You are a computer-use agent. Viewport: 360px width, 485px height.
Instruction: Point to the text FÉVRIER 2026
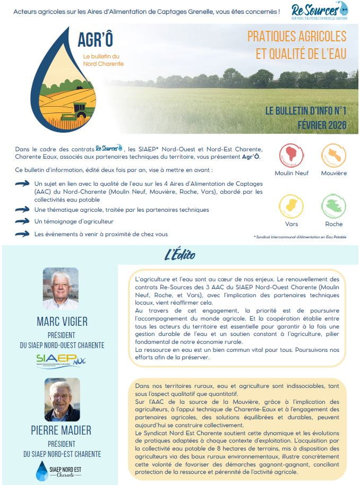[322, 125]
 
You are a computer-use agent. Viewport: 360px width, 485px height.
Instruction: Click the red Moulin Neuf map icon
[292, 155]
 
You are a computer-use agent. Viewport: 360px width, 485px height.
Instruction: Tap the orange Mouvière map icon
[333, 155]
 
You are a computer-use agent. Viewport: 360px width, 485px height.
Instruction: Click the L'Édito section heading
[179, 255]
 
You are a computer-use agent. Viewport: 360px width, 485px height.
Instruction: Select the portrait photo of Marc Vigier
[61, 289]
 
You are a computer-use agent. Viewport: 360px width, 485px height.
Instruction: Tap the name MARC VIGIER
[62, 322]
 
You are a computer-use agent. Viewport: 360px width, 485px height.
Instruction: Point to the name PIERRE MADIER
[62, 430]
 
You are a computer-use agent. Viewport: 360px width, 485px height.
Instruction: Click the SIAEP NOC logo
[62, 361]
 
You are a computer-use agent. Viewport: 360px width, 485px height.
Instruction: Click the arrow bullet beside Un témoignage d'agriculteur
[22, 221]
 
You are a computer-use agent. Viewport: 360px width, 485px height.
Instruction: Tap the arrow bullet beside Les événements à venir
[22, 233]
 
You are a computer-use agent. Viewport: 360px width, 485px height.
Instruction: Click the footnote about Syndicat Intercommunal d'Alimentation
[299, 237]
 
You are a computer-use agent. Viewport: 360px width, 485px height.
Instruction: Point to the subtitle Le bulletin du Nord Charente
[103, 60]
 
